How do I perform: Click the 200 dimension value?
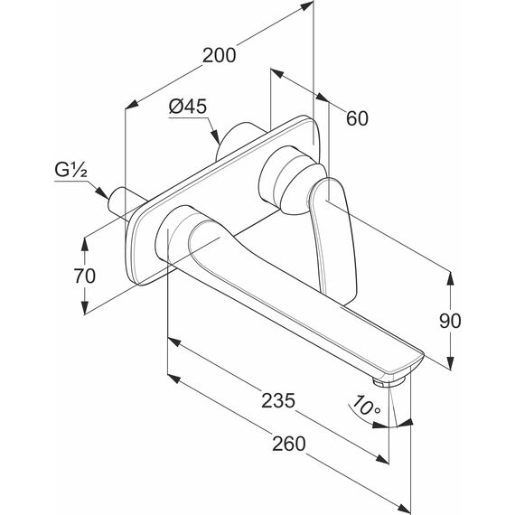pos(219,55)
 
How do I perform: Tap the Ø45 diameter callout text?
pos(188,107)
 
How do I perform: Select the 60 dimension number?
pos(358,118)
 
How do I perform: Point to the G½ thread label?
pos(71,170)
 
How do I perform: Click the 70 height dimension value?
pos(85,276)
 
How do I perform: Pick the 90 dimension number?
pos(450,321)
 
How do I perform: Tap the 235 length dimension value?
pos(278,400)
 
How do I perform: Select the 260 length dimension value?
pos(289,444)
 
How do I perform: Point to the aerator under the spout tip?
pos(389,381)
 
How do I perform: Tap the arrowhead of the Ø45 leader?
pos(215,136)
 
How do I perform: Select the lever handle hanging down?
pos(332,237)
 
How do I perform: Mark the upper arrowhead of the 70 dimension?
pos(85,245)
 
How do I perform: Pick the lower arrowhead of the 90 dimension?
pos(451,362)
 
